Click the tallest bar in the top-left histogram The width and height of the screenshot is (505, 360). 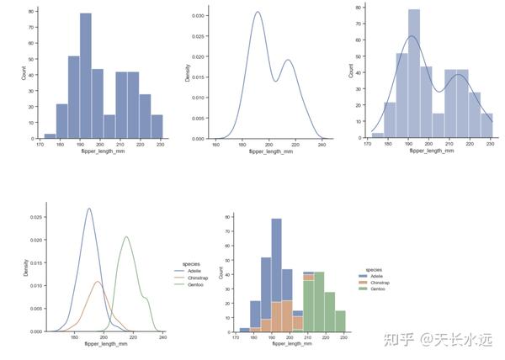point(86,76)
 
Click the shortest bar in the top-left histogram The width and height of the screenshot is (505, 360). point(50,135)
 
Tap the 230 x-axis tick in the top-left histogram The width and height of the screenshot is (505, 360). point(157,145)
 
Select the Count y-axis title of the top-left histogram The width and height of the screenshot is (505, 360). point(24,73)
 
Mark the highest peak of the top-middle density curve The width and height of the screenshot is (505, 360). point(258,13)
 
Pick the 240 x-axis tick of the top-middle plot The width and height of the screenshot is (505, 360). point(322,145)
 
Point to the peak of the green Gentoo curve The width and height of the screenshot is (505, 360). point(126,236)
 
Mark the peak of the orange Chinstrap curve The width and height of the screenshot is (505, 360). point(97,281)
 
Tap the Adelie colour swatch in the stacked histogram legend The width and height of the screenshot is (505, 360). point(360,276)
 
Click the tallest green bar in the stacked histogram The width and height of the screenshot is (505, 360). point(319,303)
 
